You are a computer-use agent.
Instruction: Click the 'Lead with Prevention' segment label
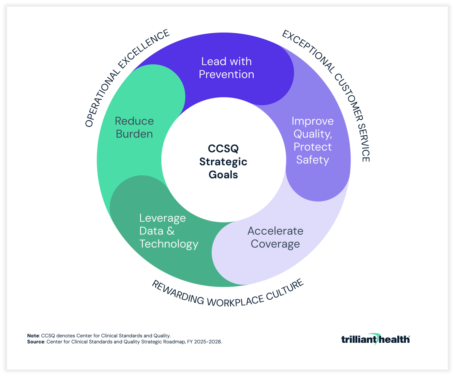click(226, 68)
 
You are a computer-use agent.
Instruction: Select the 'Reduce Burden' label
click(134, 127)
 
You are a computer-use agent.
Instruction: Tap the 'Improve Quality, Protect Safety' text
click(312, 140)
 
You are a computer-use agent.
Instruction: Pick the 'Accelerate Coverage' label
click(275, 237)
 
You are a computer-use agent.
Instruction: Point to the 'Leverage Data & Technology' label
click(169, 231)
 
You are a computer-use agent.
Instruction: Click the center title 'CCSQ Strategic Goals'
click(223, 162)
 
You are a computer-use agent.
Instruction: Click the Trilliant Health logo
click(375, 338)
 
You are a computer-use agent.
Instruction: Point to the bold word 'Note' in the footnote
click(33, 336)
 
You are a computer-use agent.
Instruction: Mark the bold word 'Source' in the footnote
click(36, 341)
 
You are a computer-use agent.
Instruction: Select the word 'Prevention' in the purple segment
click(226, 75)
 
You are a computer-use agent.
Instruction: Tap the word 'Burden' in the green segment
click(134, 134)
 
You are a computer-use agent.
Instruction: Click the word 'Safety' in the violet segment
click(312, 160)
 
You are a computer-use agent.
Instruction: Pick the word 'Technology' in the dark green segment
click(169, 244)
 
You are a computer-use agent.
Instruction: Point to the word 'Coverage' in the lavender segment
click(275, 244)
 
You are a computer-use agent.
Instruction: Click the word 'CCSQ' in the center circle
click(223, 149)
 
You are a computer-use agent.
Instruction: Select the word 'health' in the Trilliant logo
click(392, 339)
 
